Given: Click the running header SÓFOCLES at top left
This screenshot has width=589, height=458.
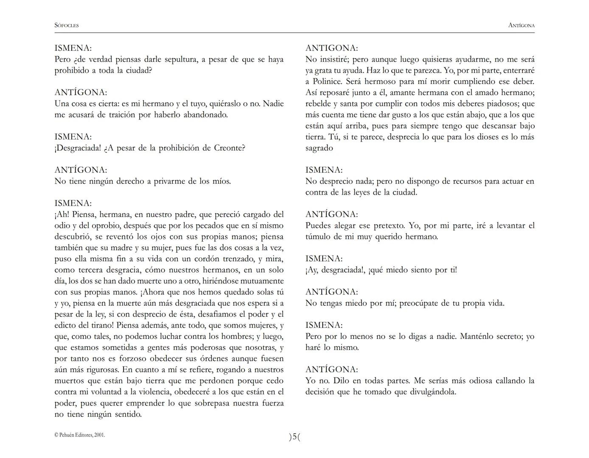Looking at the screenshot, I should pos(67,25).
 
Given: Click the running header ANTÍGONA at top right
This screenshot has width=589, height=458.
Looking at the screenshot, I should pos(521,25).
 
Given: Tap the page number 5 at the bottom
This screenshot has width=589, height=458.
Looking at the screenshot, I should pos(294,437).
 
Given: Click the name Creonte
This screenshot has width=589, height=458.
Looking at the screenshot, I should pos(229,148).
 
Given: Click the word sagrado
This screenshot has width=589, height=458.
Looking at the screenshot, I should pos(319,148).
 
